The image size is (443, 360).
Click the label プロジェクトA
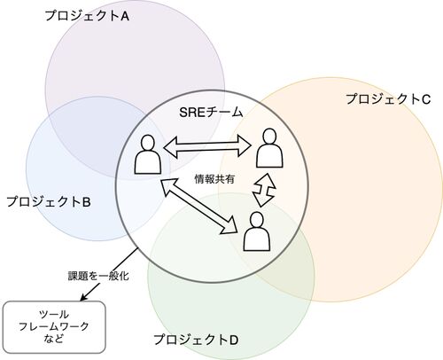coord(87,16)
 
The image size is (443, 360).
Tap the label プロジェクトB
coord(49,201)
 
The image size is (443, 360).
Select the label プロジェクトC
coord(388,98)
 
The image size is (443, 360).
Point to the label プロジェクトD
coord(196,340)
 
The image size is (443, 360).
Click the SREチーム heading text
coord(211,112)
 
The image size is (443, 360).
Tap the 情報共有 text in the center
coord(214,179)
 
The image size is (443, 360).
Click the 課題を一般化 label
coord(98,276)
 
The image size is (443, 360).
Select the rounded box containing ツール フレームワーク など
coord(54,327)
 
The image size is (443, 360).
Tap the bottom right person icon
coord(257,231)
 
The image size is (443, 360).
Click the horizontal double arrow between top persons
coord(207,145)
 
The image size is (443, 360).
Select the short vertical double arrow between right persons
coord(264,190)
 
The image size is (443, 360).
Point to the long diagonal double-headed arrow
coord(199,206)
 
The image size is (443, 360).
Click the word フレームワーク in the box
coord(54,326)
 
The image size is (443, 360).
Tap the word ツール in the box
coord(54,314)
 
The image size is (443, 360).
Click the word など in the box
coord(54,338)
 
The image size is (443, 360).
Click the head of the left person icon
coord(148,143)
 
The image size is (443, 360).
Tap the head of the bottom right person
coord(257,220)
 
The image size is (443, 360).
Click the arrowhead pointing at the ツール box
coord(83,298)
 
